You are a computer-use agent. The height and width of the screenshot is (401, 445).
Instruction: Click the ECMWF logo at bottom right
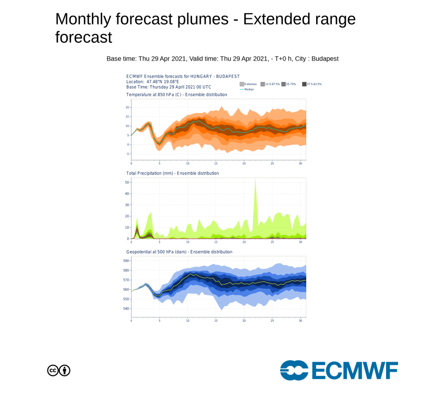(x=339, y=370)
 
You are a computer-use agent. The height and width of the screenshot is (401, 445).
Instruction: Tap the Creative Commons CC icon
(x=53, y=371)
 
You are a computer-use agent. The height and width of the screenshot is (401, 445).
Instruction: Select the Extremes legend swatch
(x=242, y=84)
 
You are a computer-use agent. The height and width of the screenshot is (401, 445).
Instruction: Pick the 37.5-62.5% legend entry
(x=313, y=84)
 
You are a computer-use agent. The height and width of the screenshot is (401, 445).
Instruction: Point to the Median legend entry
(x=248, y=89)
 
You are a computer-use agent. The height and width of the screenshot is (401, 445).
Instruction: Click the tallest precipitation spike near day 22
(x=255, y=181)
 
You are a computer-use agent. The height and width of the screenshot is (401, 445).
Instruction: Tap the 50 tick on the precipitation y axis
(x=127, y=182)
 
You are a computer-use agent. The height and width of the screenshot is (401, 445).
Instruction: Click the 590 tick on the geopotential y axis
(x=126, y=261)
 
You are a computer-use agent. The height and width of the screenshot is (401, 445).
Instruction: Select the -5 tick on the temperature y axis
(x=127, y=154)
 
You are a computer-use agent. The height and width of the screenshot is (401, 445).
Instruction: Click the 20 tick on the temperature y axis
(x=127, y=107)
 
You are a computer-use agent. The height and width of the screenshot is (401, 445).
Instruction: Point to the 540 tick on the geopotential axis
(x=126, y=309)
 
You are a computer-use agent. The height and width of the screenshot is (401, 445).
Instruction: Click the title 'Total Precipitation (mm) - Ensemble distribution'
(x=172, y=173)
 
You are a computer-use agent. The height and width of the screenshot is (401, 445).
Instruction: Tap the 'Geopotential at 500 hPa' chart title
(x=179, y=252)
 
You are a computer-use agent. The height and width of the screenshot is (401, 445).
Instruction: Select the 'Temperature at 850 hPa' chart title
(x=176, y=95)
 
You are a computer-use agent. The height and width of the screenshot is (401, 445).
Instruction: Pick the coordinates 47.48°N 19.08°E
(x=162, y=82)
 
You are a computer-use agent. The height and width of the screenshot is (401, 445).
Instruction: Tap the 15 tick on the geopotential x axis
(x=216, y=320)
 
